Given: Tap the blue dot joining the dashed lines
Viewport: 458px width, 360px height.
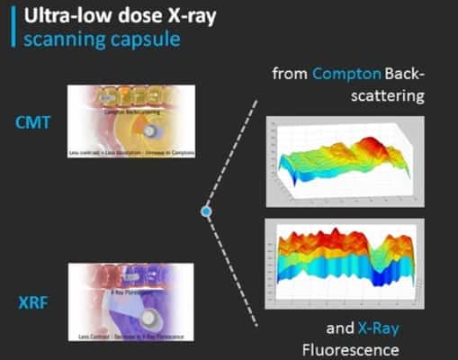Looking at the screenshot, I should point(206,211).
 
